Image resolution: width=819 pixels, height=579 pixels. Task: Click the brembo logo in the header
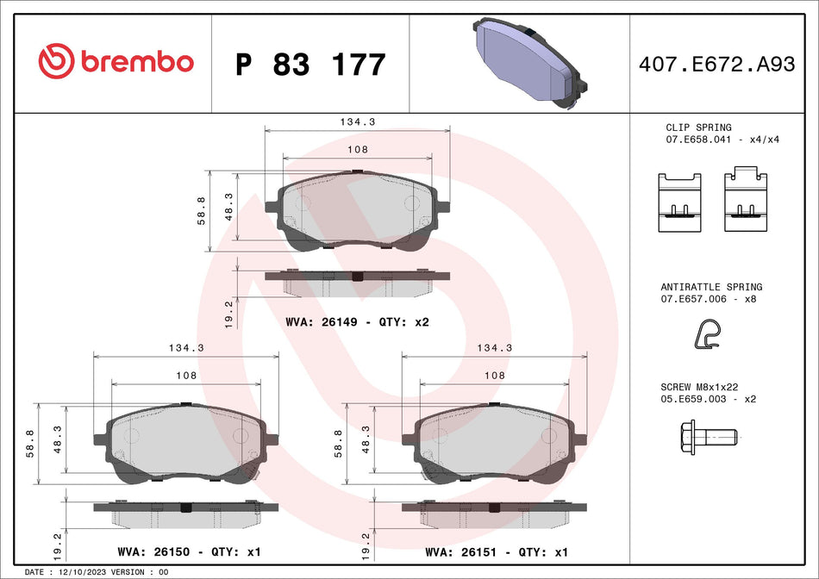coord(116,61)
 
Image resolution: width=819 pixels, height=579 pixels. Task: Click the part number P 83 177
coord(310,65)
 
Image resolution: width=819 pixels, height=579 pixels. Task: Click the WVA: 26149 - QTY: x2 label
coord(357,322)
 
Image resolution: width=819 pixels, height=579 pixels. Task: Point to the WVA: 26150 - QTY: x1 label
coord(188,551)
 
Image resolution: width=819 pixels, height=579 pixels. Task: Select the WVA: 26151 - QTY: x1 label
coord(497,551)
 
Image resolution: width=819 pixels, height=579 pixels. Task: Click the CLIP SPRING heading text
coord(698,128)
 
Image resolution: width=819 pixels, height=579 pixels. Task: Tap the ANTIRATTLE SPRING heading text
coord(711,287)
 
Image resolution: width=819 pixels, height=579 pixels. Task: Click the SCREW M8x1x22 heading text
coord(701,389)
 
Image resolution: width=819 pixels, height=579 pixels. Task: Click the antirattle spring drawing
coord(709,336)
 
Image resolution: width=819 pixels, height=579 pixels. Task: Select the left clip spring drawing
coord(679,202)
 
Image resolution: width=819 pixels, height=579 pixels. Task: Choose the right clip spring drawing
coord(745,200)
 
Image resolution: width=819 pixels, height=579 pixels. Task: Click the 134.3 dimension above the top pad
coord(358,122)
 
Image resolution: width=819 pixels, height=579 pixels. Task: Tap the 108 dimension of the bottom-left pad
coord(187,376)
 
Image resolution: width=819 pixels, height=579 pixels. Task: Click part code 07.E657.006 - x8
coord(708,299)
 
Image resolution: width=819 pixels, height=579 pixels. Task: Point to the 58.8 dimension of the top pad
coord(202,211)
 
